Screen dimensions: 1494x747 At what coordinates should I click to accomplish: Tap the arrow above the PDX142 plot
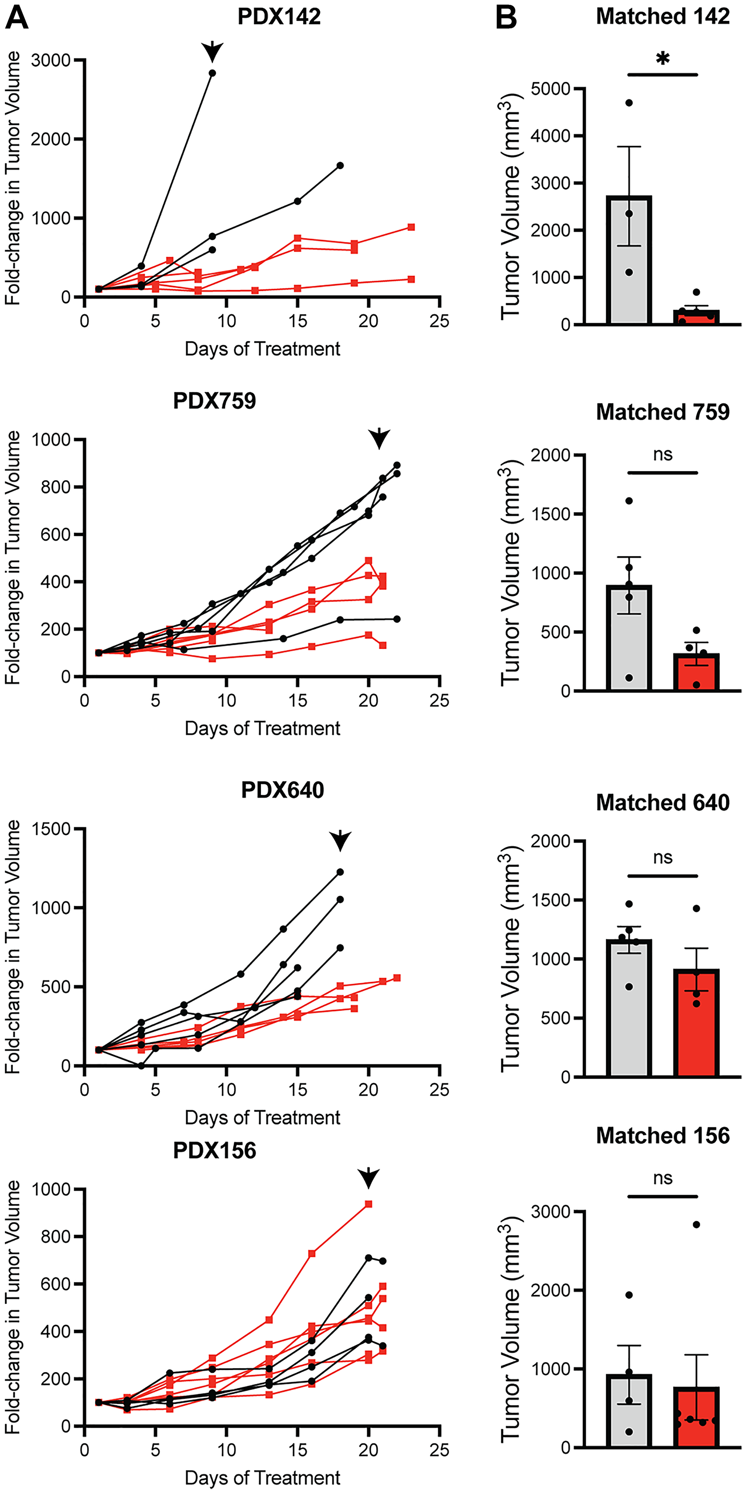click(213, 51)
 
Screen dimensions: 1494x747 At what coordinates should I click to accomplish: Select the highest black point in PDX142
click(213, 73)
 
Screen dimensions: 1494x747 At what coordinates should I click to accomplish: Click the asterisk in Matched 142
click(662, 59)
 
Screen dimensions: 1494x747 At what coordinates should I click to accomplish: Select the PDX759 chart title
click(214, 401)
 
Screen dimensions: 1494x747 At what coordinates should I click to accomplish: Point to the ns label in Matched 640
click(662, 857)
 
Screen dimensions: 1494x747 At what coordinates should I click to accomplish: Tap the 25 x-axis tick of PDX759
click(439, 701)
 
